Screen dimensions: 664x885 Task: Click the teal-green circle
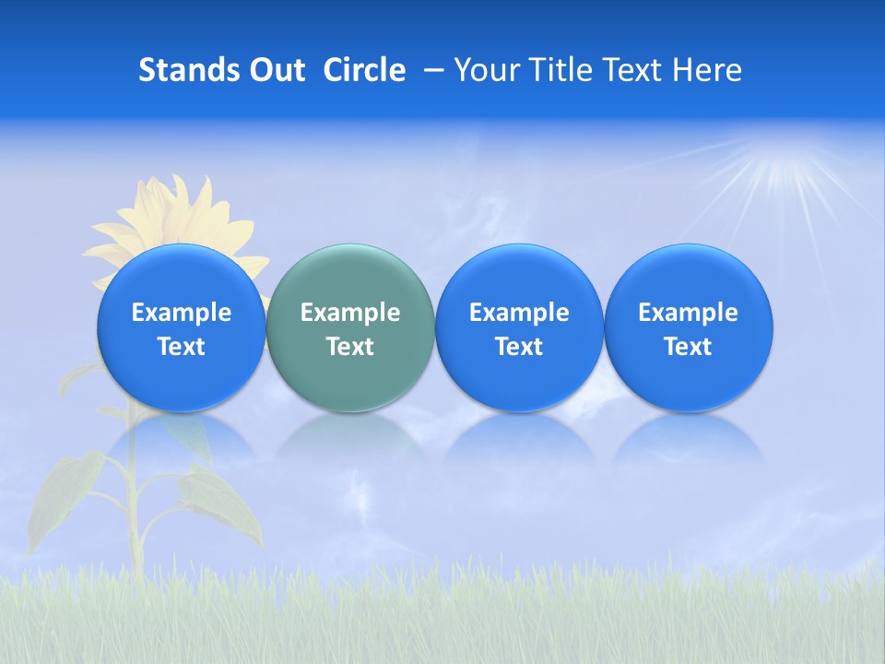point(350,327)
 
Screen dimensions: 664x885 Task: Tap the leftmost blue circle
point(181,327)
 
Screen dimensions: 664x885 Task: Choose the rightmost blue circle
point(688,327)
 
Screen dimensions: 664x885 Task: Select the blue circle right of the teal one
point(519,327)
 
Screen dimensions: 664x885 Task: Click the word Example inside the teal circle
point(350,313)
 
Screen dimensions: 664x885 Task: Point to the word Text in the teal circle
point(350,347)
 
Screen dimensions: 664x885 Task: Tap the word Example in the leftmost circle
point(181,313)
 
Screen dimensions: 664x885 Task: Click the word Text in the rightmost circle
point(688,347)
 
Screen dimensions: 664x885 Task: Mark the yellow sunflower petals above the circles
point(175,217)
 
